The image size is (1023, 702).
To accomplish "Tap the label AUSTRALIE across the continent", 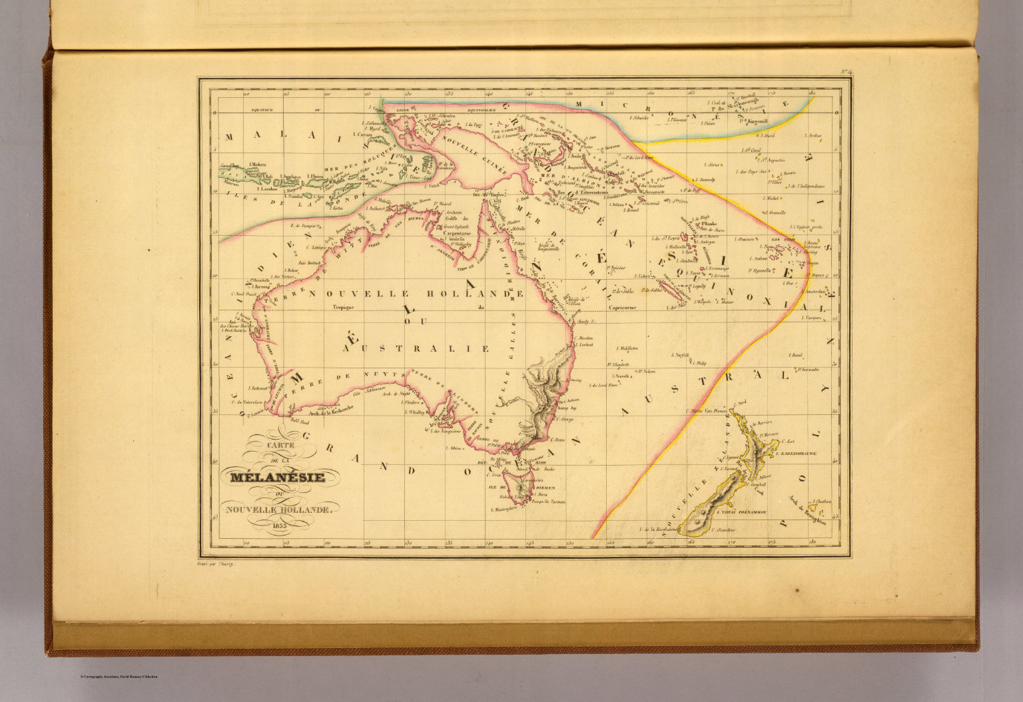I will (416, 348).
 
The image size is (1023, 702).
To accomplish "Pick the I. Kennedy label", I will (705, 180).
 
